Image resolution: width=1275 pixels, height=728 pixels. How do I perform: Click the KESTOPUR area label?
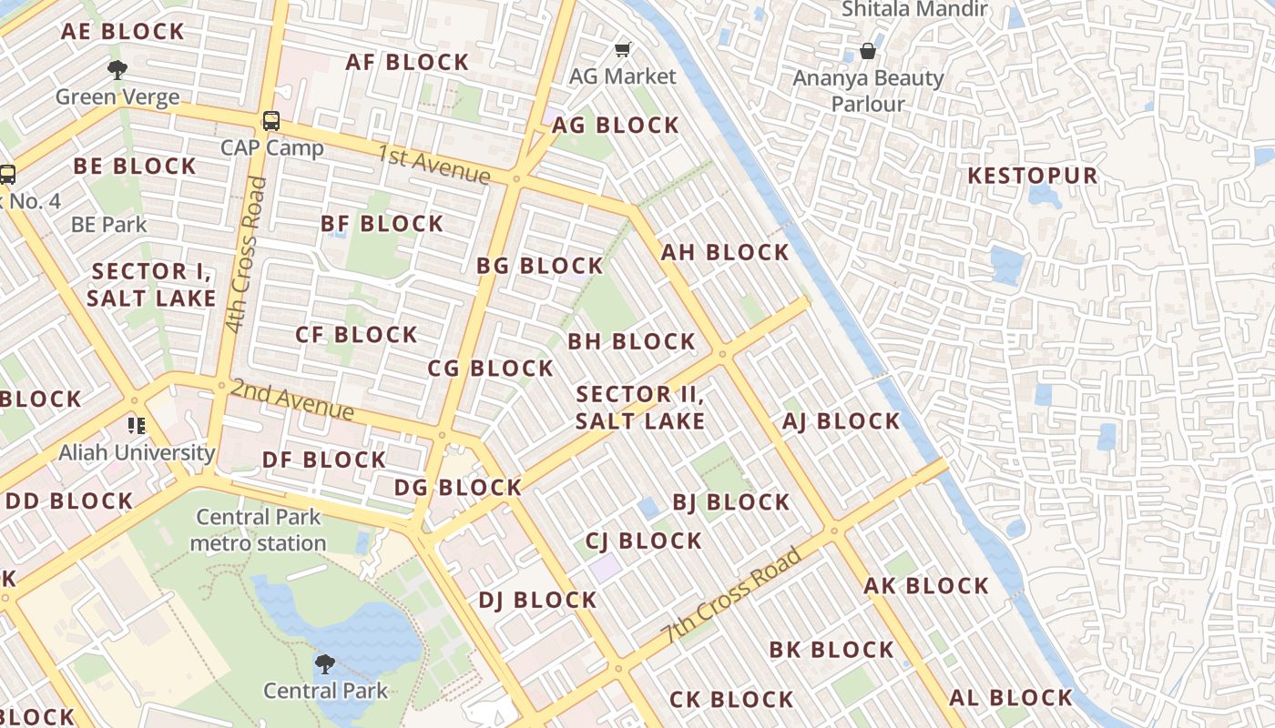click(x=1032, y=176)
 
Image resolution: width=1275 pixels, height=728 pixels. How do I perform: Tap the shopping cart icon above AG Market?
click(x=623, y=49)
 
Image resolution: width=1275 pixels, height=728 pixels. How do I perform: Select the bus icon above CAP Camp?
click(x=270, y=120)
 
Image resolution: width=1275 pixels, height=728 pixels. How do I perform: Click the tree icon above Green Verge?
click(x=117, y=69)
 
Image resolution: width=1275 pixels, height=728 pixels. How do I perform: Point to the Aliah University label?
click(x=137, y=452)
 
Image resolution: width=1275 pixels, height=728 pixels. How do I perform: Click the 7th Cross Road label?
click(x=733, y=595)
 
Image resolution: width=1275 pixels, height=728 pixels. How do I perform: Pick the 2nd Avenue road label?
click(x=291, y=399)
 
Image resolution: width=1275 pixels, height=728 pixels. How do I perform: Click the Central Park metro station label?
click(x=259, y=531)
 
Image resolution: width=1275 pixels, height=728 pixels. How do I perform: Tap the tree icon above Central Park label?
click(x=325, y=664)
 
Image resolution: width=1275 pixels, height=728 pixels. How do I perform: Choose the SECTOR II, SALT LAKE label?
click(x=640, y=408)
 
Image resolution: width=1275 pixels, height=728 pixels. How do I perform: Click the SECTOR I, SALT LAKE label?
click(x=151, y=285)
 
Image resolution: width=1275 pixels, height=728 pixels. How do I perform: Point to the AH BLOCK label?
click(x=725, y=252)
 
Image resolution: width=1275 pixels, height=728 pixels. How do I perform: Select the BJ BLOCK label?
click(x=730, y=502)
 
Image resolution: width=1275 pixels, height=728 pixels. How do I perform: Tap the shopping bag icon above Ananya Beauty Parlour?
click(x=868, y=51)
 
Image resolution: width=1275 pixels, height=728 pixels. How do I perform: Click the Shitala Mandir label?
click(x=914, y=10)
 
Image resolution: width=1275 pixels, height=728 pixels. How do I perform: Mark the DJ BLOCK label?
click(x=537, y=600)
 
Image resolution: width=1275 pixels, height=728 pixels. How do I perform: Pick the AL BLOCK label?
click(x=1011, y=698)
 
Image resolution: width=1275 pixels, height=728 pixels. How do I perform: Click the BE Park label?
click(x=108, y=224)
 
